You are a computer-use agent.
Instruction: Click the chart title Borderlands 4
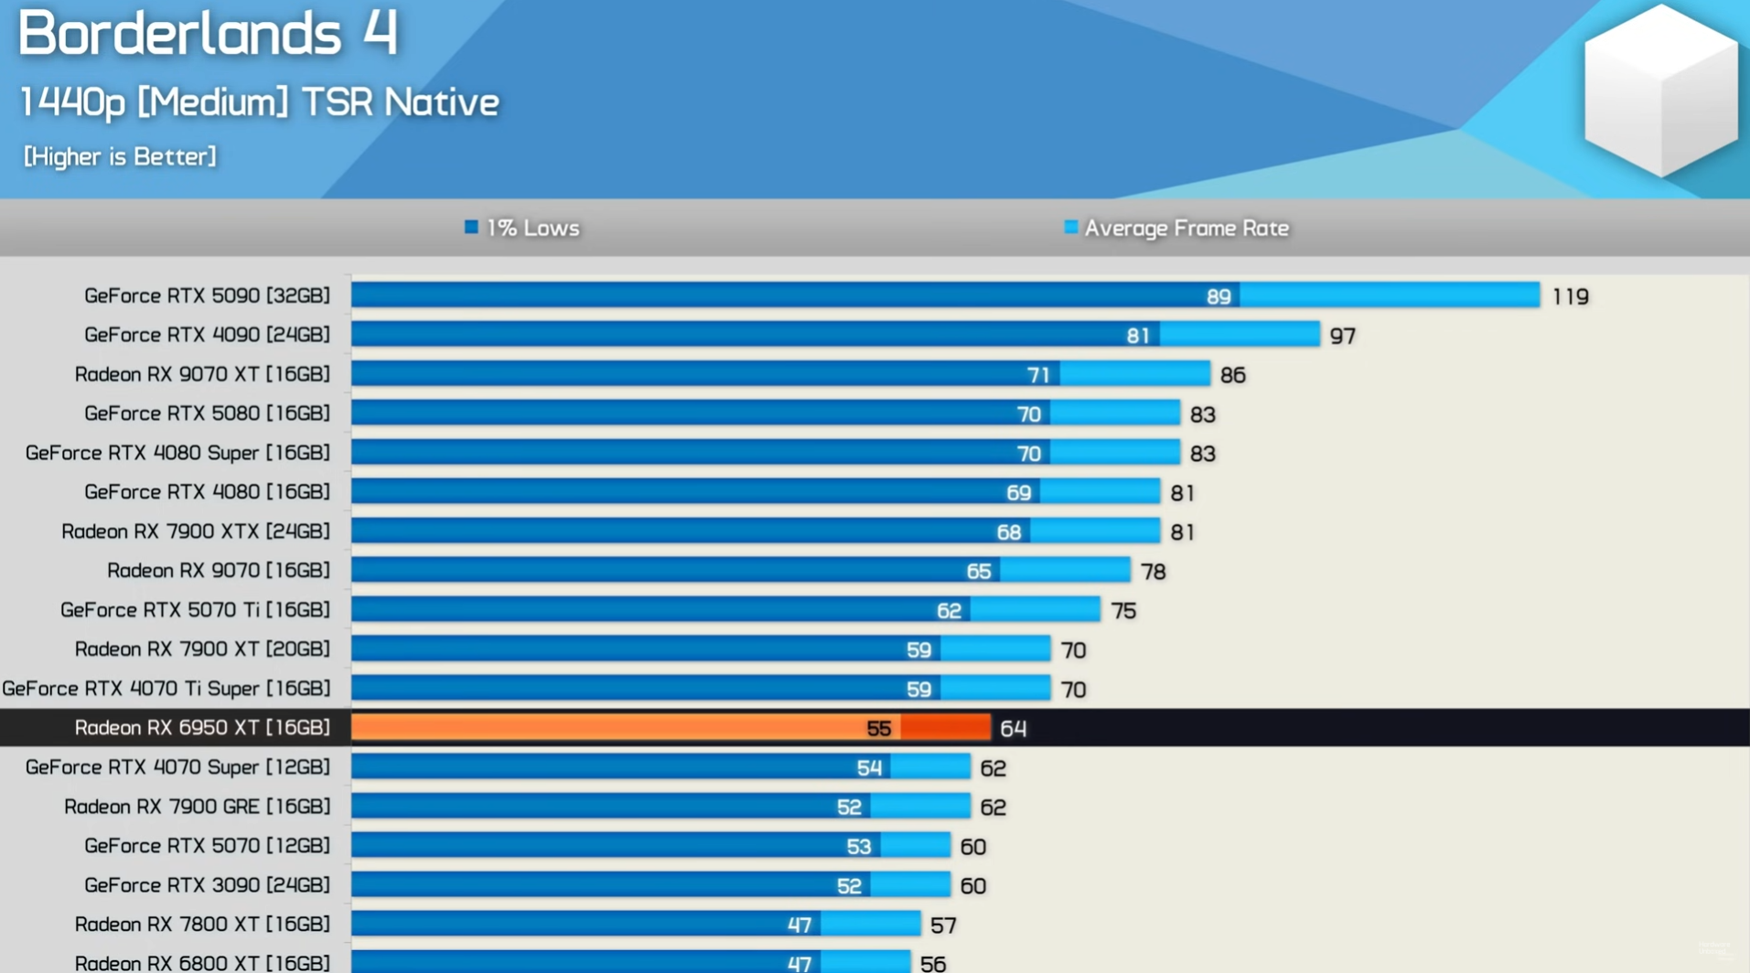208,34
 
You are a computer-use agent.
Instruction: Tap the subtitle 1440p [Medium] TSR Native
259,102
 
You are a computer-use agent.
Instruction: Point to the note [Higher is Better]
120,156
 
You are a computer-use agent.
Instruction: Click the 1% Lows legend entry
522,228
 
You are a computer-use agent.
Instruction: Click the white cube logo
1659,91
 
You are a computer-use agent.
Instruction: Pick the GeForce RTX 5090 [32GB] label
207,295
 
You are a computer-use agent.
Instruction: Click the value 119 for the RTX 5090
1570,296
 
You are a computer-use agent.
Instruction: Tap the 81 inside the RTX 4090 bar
1137,336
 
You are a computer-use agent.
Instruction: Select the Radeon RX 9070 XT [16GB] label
202,374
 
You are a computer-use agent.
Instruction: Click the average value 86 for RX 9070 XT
1232,375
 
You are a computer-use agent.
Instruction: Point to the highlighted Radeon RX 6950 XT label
202,727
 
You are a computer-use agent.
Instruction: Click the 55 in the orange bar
878,728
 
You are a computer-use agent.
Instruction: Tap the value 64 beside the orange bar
1013,728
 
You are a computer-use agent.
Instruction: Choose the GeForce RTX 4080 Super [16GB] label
177,453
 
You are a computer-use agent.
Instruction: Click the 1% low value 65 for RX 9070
978,572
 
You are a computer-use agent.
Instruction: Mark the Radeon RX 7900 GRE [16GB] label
197,806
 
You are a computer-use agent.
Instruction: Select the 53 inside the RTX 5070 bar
858,846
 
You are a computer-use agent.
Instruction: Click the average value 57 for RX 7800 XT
943,925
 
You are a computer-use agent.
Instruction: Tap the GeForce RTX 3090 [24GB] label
207,884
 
